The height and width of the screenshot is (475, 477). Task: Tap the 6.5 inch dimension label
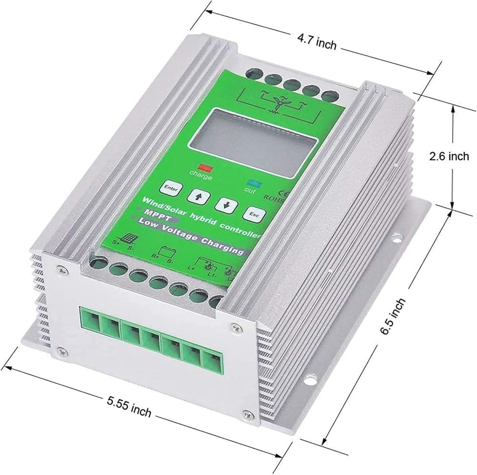pos(393,316)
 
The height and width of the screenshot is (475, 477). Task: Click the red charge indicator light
pos(202,167)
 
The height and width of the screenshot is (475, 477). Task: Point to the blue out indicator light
pos(254,183)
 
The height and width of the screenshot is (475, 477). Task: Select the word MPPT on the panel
pos(155,212)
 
